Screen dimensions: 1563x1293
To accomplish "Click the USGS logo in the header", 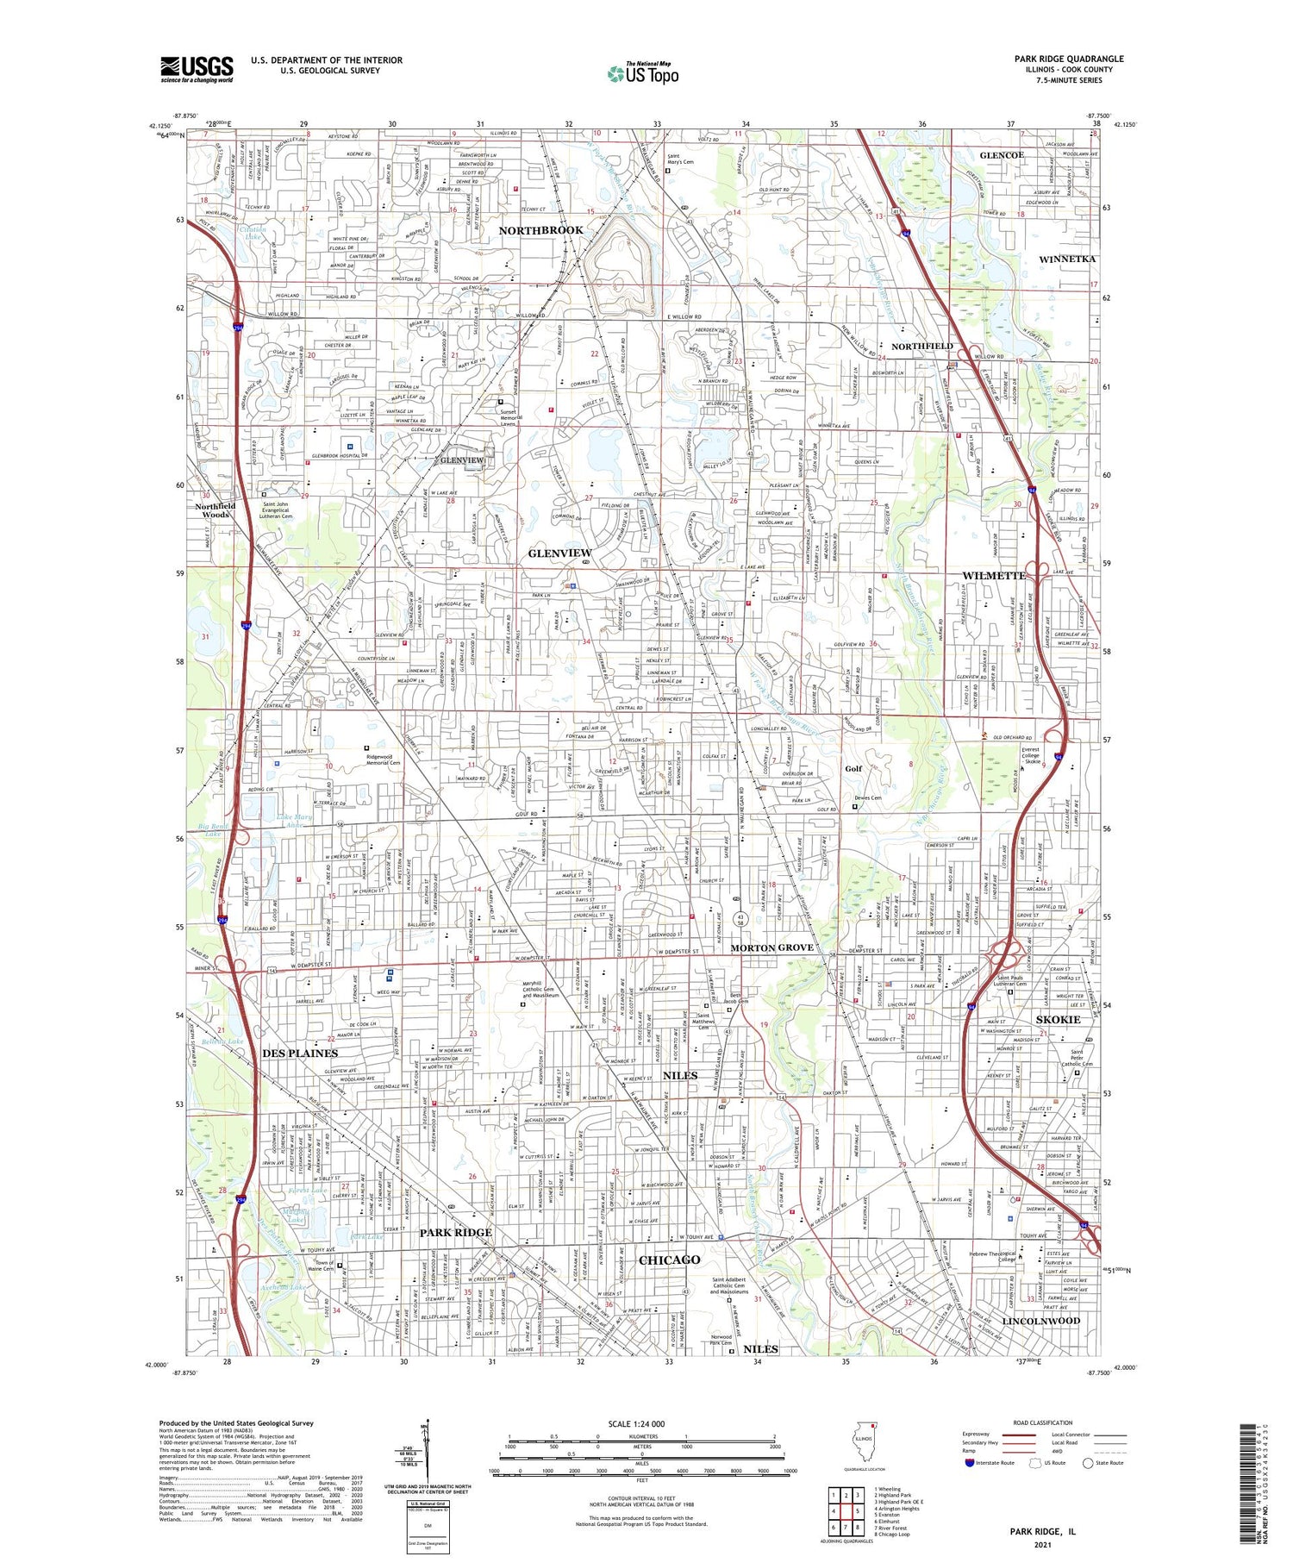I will pyautogui.click(x=197, y=69).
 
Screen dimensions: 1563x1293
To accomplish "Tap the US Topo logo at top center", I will pyautogui.click(x=642, y=73).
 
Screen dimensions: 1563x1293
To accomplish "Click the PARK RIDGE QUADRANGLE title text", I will pyautogui.click(x=1068, y=59).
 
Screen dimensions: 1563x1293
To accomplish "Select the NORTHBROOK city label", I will pyautogui.click(x=540, y=230).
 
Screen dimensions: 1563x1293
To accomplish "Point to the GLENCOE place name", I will pyautogui.click(x=1001, y=155).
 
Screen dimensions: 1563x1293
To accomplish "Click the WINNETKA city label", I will pyautogui.click(x=1067, y=259).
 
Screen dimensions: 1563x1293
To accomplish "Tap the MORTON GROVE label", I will pyautogui.click(x=771, y=947).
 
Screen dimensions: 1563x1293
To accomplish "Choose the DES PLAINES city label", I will pyautogui.click(x=299, y=1053).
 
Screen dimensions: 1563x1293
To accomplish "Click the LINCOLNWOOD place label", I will pyautogui.click(x=1040, y=1321).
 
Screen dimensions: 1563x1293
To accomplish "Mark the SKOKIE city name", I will pyautogui.click(x=1058, y=1020).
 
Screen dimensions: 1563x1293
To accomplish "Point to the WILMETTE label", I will pyautogui.click(x=994, y=575).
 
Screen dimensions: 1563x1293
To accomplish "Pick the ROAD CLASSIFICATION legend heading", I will pyautogui.click(x=1043, y=1422).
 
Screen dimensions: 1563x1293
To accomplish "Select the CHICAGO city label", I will pyautogui.click(x=669, y=1260).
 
